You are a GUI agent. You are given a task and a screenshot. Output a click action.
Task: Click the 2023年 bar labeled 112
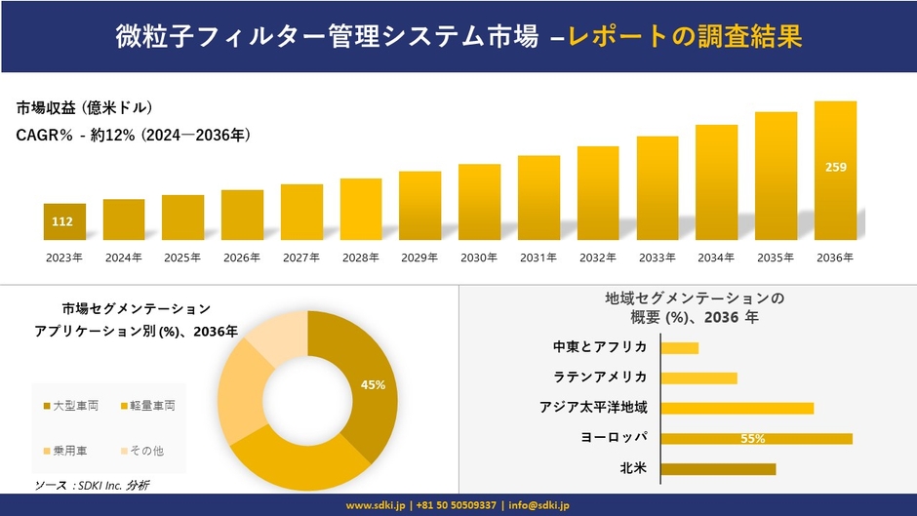[64, 221]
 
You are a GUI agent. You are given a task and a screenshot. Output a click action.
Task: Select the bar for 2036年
[835, 171]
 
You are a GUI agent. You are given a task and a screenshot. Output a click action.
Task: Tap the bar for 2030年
[479, 202]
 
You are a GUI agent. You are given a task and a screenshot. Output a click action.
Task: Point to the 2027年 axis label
[301, 258]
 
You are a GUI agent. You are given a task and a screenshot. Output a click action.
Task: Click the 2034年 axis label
[716, 258]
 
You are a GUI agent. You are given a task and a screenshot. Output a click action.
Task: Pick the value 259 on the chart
[835, 167]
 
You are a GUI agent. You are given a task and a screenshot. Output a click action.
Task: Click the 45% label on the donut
[373, 385]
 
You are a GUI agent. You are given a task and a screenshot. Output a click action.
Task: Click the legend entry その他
[147, 451]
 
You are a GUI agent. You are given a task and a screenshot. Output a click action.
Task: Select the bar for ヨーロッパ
[756, 439]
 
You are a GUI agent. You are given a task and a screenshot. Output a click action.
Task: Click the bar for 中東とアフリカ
[680, 347]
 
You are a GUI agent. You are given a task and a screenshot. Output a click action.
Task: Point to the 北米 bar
[718, 469]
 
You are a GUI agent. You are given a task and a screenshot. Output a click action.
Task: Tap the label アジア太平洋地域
[592, 408]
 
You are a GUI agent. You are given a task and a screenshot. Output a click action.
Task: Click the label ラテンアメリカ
[599, 377]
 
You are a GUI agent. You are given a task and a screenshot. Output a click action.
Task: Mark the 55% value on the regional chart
[752, 439]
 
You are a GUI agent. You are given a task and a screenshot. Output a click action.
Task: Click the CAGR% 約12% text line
[134, 136]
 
